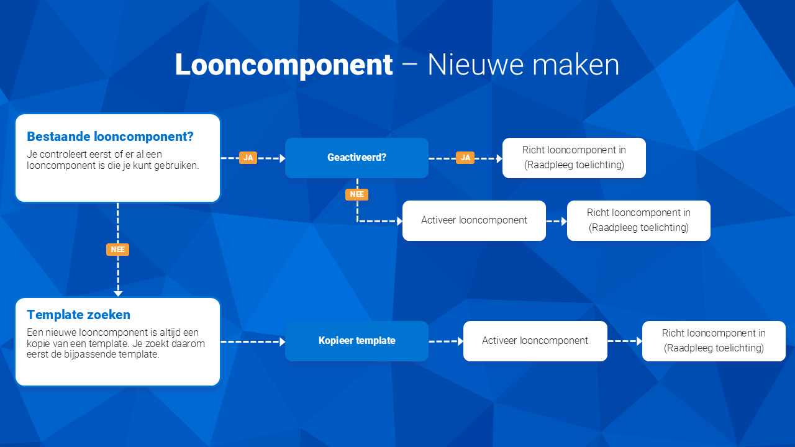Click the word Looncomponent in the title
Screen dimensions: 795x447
(x=284, y=65)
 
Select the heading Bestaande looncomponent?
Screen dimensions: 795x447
(x=110, y=137)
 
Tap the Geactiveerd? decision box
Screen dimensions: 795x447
(x=357, y=158)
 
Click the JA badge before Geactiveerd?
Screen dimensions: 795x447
(x=248, y=158)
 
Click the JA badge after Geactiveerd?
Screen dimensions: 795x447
(x=465, y=158)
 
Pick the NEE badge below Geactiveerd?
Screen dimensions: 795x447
(x=357, y=194)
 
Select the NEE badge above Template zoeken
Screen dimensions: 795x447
(x=117, y=250)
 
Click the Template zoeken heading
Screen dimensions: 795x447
(x=78, y=315)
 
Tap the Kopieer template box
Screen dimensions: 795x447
(x=357, y=341)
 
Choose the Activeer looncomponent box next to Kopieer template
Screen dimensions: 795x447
(x=535, y=341)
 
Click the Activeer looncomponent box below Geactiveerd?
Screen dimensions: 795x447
(x=474, y=220)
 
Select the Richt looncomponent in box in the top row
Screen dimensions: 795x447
(x=574, y=158)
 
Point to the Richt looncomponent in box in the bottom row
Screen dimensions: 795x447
(x=714, y=341)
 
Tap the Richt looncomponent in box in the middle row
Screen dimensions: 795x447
(x=638, y=220)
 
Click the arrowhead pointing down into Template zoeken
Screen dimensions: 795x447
(x=118, y=294)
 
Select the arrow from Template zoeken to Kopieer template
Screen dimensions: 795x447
(x=253, y=341)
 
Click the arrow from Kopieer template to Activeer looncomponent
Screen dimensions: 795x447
(x=446, y=341)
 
